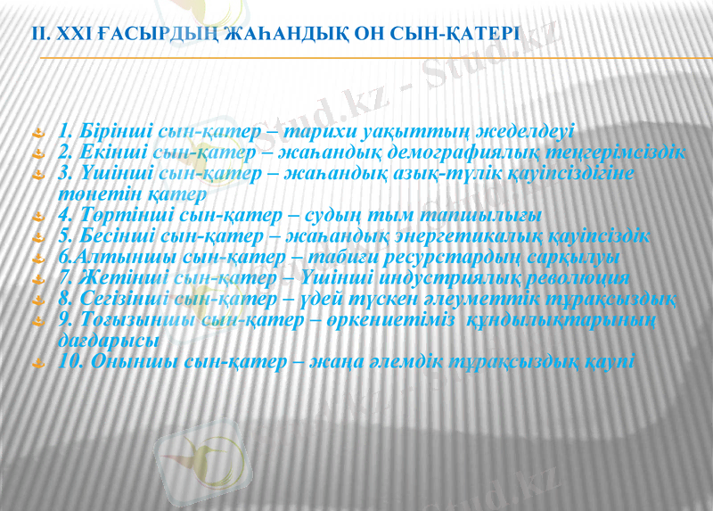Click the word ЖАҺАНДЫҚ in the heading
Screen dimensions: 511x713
tap(277, 33)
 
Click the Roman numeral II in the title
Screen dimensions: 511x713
tap(38, 33)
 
